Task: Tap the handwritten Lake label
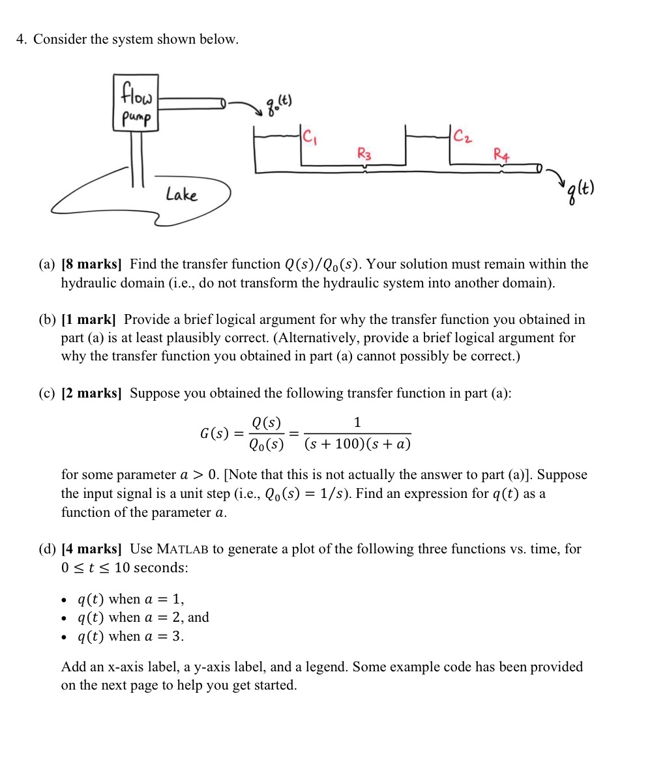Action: click(181, 194)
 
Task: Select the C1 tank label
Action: click(311, 137)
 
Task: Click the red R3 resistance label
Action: click(364, 154)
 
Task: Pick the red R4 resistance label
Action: click(501, 155)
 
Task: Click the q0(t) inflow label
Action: click(278, 102)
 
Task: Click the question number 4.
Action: click(21, 39)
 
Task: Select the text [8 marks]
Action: click(91, 264)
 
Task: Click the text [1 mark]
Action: click(88, 319)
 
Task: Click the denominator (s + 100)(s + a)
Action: click(357, 445)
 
